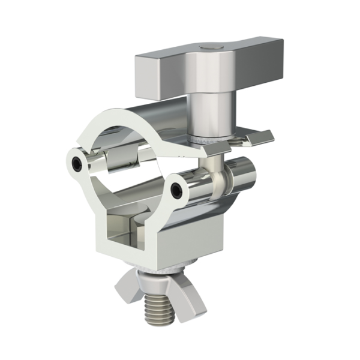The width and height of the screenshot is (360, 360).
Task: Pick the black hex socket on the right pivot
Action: [175, 191]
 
